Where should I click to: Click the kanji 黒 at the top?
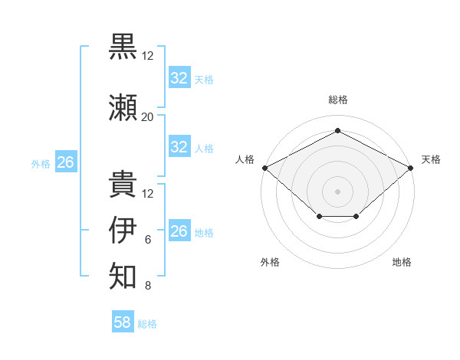(x=123, y=46)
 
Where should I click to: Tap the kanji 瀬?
(x=123, y=107)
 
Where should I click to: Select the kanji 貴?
(x=123, y=184)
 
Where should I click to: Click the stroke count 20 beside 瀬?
(x=147, y=116)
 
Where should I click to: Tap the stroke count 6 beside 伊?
(x=147, y=240)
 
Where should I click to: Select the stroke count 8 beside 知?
(x=147, y=286)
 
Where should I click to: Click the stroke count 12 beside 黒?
(x=147, y=56)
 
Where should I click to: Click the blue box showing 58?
(x=122, y=322)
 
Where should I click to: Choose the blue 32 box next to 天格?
(x=179, y=78)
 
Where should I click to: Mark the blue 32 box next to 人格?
(x=179, y=147)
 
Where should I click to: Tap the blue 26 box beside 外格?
(x=66, y=162)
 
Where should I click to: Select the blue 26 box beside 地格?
(x=179, y=231)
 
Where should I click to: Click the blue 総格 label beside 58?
(x=147, y=324)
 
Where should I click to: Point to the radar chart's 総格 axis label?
(x=337, y=100)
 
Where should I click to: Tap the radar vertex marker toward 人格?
(x=264, y=167)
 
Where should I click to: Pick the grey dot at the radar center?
(x=337, y=191)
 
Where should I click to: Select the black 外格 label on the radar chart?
(x=270, y=262)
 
